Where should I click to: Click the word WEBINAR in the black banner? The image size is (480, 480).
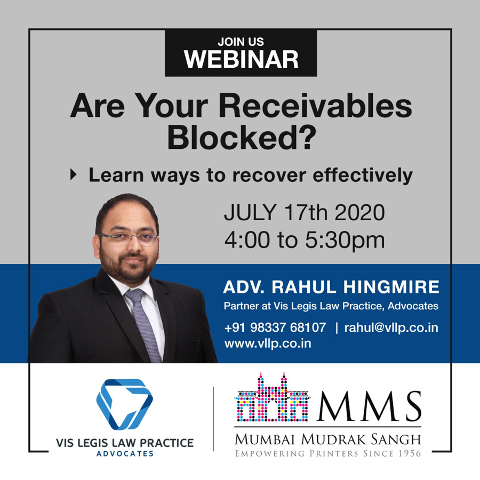point(241,59)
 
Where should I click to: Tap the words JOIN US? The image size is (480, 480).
point(241,42)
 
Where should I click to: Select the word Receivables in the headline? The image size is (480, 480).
point(315,106)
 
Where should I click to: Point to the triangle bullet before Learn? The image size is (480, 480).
point(73,174)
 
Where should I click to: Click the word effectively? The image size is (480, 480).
point(363,175)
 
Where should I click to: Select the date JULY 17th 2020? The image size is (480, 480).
point(305,212)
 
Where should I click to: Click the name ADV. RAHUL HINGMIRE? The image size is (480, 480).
point(331,287)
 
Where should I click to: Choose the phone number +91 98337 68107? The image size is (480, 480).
point(275,327)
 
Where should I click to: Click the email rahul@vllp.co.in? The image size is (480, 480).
point(391,328)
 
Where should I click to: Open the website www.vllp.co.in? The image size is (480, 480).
point(268,343)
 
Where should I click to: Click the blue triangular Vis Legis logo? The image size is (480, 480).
point(125,404)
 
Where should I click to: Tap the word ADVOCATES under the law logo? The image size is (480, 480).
point(125,454)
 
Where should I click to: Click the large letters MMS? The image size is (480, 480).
point(370,406)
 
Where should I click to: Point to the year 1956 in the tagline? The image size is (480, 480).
point(410,453)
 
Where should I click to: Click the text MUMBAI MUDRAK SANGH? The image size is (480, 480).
point(328,439)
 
